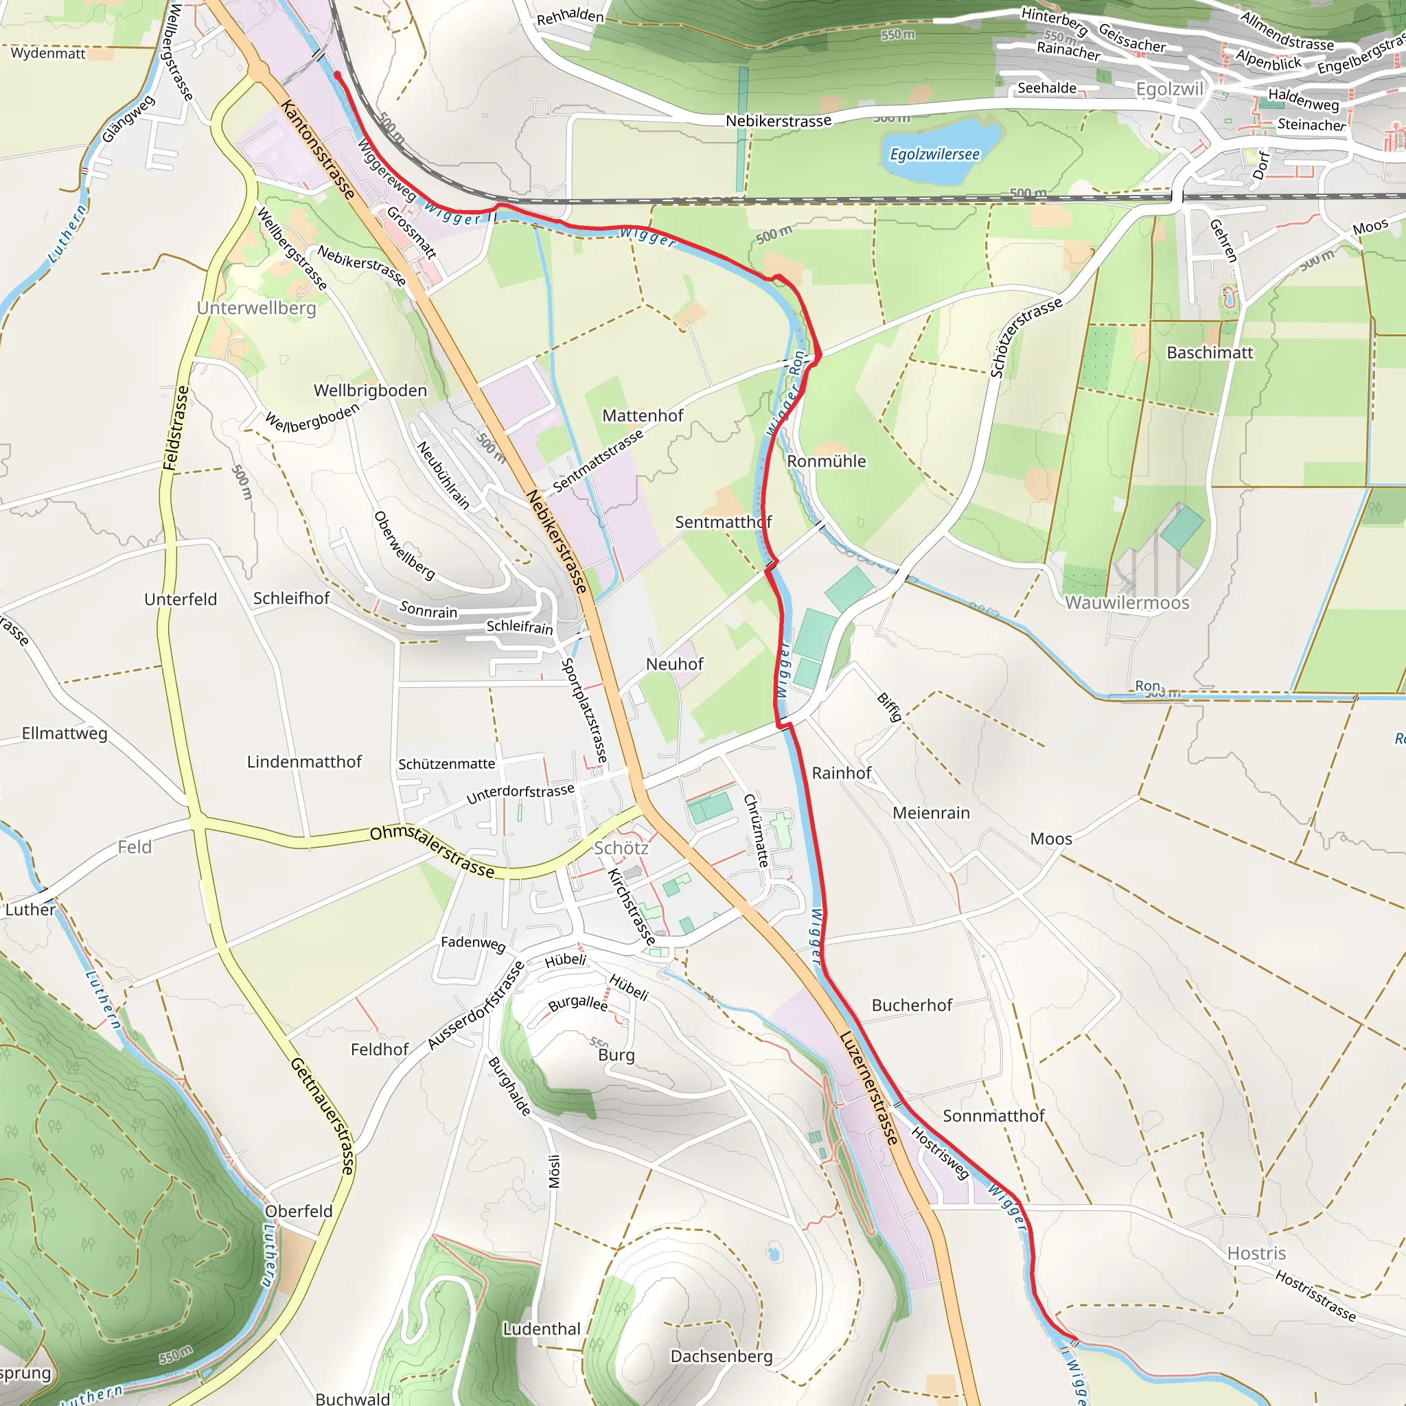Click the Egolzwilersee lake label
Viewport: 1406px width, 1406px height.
click(x=934, y=154)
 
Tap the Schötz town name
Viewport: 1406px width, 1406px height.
click(x=621, y=848)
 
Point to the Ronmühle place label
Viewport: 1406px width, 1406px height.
click(x=826, y=461)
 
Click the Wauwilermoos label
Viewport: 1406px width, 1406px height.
click(x=1127, y=603)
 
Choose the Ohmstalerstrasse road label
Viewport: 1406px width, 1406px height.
click(x=432, y=851)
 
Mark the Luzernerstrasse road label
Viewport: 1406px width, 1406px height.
click(x=869, y=1087)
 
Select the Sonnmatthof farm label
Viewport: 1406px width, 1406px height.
click(x=993, y=1116)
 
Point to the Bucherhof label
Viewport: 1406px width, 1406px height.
click(x=911, y=1005)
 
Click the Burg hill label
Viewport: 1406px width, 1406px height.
click(x=616, y=1055)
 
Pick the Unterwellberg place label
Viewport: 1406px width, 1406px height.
click(x=256, y=308)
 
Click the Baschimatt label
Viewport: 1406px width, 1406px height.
click(x=1210, y=353)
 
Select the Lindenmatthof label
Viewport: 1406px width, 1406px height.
click(x=303, y=762)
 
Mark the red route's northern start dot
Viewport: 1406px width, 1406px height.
click(x=337, y=74)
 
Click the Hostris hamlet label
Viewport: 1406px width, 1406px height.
click(x=1256, y=1253)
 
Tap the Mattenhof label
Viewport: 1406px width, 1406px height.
click(x=642, y=415)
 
